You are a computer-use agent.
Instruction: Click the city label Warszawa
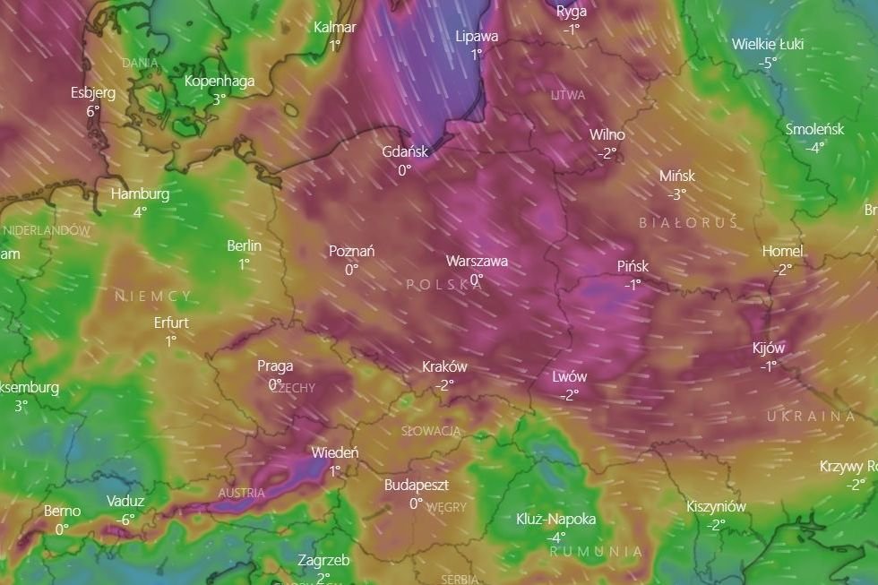coord(477,262)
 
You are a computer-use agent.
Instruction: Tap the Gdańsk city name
coord(405,151)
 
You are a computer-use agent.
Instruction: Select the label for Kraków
coord(444,366)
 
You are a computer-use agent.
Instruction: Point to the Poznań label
coord(351,252)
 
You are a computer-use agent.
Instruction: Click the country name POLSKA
coord(443,285)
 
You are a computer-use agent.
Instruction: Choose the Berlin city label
coord(244,245)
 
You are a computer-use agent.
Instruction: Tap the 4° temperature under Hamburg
coord(140,212)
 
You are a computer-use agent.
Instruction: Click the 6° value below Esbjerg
coord(93,111)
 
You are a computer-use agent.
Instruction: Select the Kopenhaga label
coord(219,81)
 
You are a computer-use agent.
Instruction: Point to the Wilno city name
coord(607,134)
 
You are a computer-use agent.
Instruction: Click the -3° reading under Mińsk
coord(676,194)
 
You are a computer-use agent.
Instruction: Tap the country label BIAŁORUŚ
coord(688,222)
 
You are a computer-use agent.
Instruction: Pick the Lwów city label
coord(570,377)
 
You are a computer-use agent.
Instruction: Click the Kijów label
coord(769,348)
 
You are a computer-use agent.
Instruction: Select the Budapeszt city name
coord(416,485)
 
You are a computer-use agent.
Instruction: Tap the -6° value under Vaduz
coord(125,519)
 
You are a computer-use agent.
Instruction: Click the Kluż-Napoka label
coord(555,519)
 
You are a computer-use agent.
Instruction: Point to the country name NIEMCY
coord(152,296)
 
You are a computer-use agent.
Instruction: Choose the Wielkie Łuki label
coord(767,44)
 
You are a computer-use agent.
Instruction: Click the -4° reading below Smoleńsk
coord(814,148)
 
